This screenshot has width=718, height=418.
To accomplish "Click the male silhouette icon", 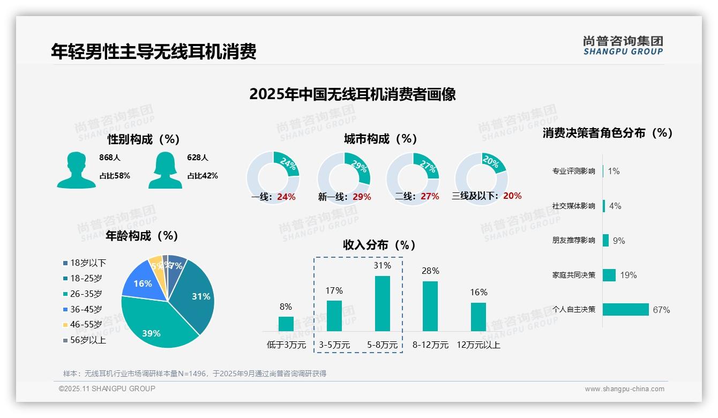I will click(76, 170).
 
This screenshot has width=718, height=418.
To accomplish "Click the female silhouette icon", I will click(165, 170).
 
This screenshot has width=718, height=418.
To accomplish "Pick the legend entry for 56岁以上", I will click(84, 340).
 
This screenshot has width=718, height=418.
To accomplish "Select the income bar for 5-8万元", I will click(382, 303).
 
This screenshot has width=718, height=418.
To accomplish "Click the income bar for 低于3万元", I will click(286, 324).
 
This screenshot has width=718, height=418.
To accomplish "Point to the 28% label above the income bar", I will click(430, 271).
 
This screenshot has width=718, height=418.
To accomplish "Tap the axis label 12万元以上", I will click(478, 345).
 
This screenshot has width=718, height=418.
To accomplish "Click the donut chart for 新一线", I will click(343, 178).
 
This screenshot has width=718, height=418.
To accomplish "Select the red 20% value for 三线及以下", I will click(512, 196).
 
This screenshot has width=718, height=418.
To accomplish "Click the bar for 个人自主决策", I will click(625, 309).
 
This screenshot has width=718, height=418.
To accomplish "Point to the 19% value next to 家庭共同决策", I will click(628, 275).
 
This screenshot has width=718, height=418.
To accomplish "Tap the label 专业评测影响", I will click(573, 171).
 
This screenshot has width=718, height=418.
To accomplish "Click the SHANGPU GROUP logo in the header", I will click(623, 46).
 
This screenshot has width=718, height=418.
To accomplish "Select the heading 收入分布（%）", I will click(379, 245).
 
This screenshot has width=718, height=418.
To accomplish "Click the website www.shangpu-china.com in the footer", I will click(624, 389).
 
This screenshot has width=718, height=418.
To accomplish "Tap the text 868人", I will click(110, 158).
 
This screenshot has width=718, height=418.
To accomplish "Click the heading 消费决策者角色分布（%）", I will click(607, 133).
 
